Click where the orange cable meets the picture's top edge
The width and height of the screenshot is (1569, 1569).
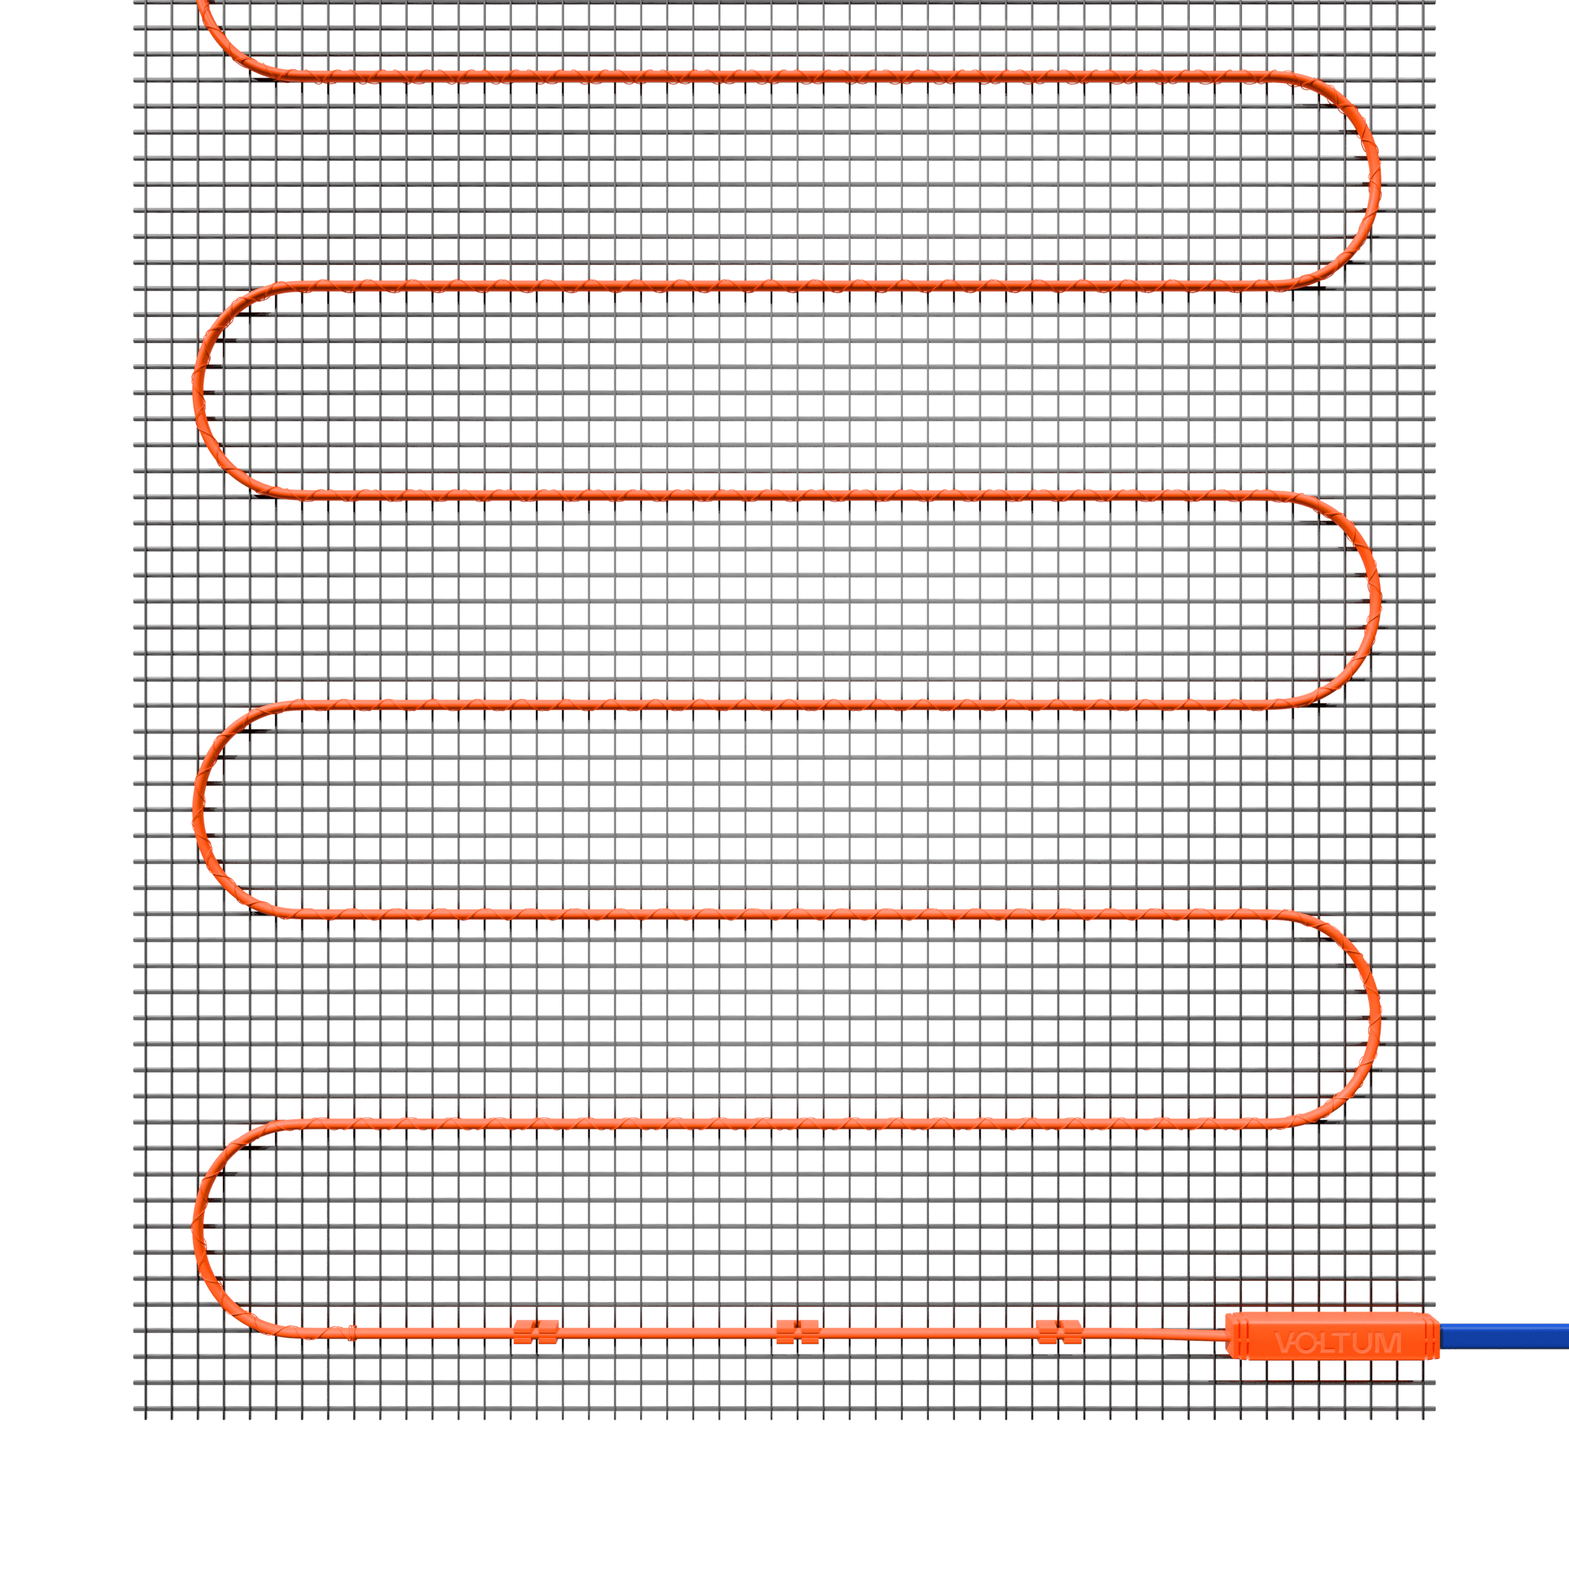[202, 1]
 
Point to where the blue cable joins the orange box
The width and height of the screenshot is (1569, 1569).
[1440, 1335]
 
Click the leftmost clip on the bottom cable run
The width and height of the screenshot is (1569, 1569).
[536, 1332]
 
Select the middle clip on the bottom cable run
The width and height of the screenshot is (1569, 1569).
[798, 1332]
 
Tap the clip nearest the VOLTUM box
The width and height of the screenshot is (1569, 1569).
[1059, 1332]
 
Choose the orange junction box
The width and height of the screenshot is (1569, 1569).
[1332, 1335]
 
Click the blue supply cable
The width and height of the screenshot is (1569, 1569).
[1504, 1335]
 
